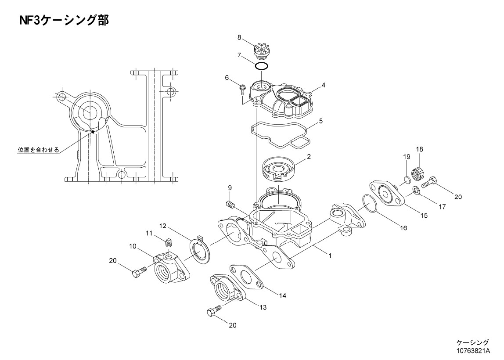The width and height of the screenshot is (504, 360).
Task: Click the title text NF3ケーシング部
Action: click(64, 20)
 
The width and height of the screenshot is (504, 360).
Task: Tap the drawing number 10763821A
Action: click(472, 350)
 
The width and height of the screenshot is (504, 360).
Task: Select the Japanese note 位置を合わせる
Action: click(39, 150)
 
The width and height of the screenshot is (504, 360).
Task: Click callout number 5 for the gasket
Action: click(320, 121)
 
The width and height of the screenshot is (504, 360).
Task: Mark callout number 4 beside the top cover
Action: click(324, 85)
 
